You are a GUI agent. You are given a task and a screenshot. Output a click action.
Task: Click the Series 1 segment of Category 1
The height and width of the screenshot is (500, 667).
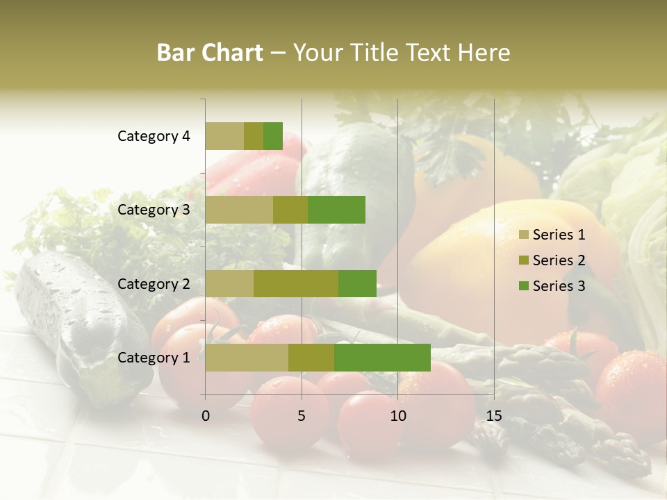pyautogui.click(x=247, y=358)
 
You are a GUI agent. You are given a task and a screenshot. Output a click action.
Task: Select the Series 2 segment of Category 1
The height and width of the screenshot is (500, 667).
pyautogui.click(x=311, y=358)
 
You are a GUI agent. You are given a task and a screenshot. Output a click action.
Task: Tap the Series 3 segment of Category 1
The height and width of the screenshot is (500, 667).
pyautogui.click(x=382, y=358)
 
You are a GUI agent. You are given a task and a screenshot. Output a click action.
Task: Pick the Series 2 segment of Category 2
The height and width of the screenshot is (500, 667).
pyautogui.click(x=296, y=283)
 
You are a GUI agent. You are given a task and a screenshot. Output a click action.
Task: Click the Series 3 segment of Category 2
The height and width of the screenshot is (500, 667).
pyautogui.click(x=357, y=283)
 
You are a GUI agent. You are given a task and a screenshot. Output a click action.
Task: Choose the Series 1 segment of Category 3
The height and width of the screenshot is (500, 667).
pyautogui.click(x=239, y=210)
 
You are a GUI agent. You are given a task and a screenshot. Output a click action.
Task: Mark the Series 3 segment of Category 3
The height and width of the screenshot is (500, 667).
pyautogui.click(x=336, y=210)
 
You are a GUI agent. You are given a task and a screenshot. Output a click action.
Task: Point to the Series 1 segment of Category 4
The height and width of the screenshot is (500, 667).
pyautogui.click(x=224, y=136)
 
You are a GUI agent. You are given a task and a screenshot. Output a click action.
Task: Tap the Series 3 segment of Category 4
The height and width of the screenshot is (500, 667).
pyautogui.click(x=273, y=136)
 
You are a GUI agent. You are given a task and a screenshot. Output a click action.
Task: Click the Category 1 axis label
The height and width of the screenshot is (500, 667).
pyautogui.click(x=154, y=358)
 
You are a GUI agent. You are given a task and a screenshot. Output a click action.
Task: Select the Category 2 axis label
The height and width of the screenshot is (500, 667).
pyautogui.click(x=154, y=283)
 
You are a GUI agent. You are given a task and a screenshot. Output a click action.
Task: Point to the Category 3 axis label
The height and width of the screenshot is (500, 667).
pyautogui.click(x=154, y=210)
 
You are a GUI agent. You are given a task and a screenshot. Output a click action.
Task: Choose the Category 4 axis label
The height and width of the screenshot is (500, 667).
pyautogui.click(x=154, y=136)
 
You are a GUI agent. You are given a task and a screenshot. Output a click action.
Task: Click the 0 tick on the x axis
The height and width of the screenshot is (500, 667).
pyautogui.click(x=206, y=416)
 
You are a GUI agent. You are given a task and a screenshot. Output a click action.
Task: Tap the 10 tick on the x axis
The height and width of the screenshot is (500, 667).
pyautogui.click(x=397, y=416)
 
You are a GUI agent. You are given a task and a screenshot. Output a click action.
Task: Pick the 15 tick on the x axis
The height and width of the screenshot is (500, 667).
pyautogui.click(x=493, y=416)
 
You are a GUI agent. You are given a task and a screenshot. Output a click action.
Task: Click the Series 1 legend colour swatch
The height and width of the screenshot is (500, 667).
pyautogui.click(x=523, y=235)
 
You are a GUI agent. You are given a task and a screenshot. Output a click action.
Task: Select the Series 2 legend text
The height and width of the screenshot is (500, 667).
pyautogui.click(x=559, y=260)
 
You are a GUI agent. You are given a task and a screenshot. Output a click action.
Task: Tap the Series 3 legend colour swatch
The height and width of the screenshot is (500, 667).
pyautogui.click(x=523, y=286)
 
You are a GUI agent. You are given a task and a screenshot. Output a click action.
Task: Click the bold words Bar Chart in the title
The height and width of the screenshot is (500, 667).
pyautogui.click(x=210, y=53)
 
